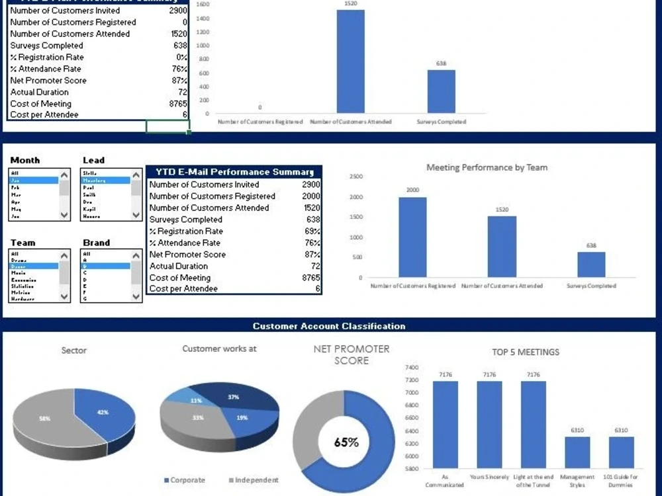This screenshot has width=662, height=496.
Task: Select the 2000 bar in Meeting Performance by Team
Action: pyautogui.click(x=412, y=237)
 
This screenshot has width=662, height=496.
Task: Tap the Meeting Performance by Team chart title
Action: pyautogui.click(x=487, y=167)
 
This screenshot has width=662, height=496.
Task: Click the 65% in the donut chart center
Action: pyautogui.click(x=346, y=442)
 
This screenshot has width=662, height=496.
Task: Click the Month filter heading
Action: pyautogui.click(x=25, y=160)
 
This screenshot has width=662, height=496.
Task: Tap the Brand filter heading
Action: pyautogui.click(x=96, y=243)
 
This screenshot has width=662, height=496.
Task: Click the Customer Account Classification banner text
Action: pyautogui.click(x=329, y=326)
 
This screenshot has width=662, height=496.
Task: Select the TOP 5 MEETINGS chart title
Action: pyautogui.click(x=525, y=352)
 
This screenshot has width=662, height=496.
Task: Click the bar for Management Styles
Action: pyautogui.click(x=577, y=453)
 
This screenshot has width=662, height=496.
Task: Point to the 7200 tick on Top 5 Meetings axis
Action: pyautogui.click(x=411, y=380)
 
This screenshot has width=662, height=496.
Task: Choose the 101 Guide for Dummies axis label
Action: pyautogui.click(x=621, y=481)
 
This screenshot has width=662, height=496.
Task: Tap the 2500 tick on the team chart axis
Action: pyautogui.click(x=355, y=177)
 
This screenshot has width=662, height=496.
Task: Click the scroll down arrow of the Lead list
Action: pyautogui.click(x=136, y=215)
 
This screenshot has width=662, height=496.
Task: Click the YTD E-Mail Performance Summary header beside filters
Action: pyautogui.click(x=233, y=172)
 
